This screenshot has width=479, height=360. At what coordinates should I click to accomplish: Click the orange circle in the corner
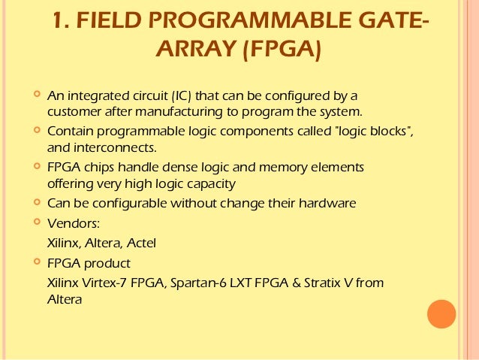tap(441, 315)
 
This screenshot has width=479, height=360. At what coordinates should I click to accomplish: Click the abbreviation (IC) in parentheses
tap(181, 97)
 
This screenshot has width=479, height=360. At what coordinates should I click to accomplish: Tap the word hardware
tap(327, 203)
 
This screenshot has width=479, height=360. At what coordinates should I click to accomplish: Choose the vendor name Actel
tap(142, 242)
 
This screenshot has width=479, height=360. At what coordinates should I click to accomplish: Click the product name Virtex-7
tap(110, 283)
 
